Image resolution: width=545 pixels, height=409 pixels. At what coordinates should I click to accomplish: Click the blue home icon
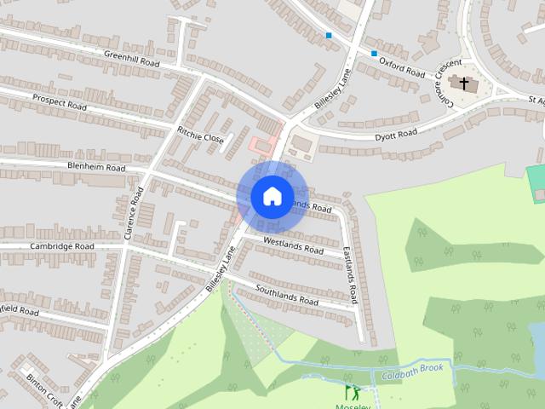272,196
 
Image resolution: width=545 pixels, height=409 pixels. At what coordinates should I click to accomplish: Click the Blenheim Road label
96,167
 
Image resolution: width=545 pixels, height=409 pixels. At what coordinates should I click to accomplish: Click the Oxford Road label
401,66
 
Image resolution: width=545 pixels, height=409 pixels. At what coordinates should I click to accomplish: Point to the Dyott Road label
396,134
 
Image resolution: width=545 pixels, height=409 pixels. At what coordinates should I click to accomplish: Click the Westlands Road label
293,246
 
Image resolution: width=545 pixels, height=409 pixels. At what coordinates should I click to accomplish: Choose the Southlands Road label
286,295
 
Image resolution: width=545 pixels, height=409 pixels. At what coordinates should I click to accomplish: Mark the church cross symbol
464,84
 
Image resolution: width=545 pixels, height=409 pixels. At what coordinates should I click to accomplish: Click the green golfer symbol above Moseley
352,392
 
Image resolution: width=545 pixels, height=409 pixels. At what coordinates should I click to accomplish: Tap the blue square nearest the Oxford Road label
374,54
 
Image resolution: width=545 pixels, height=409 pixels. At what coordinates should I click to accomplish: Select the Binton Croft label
42,389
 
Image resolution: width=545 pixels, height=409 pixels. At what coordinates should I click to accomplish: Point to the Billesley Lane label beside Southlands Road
219,271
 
